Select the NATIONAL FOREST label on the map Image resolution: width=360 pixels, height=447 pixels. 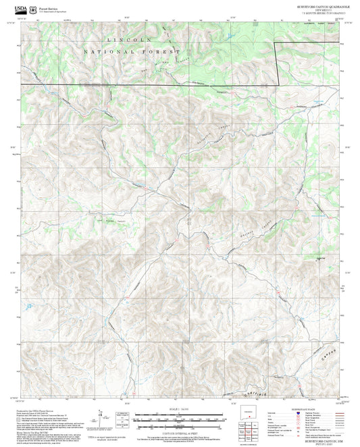click(x=132, y=51)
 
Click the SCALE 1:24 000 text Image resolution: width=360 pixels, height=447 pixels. click(x=180, y=409)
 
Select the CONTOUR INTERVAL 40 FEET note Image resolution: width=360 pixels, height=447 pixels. click(x=180, y=429)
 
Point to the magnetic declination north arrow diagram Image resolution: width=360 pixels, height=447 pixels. click(x=103, y=417)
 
